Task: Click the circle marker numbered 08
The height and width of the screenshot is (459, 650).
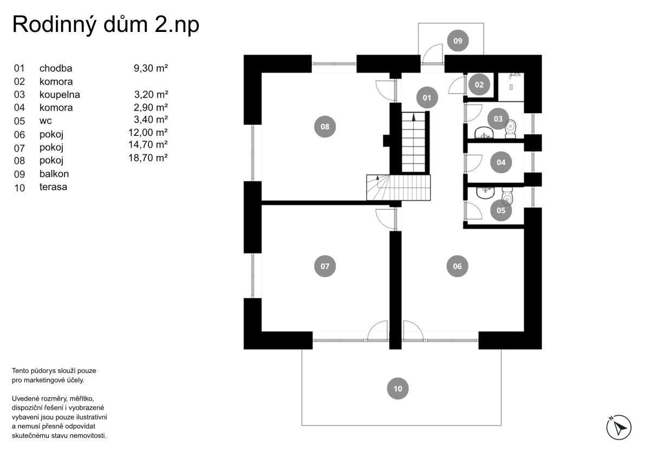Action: point(325,127)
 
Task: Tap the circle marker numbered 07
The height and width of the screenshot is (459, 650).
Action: point(325,266)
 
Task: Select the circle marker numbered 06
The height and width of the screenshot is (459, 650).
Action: point(457,266)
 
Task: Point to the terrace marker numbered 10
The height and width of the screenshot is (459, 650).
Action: point(398,389)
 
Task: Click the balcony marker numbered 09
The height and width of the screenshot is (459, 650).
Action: point(458,41)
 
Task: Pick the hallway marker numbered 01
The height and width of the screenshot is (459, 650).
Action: point(427,98)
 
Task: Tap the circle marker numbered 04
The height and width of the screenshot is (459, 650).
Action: point(501,162)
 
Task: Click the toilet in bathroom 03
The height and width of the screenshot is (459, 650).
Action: point(511,129)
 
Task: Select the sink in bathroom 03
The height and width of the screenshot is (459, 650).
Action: point(484,133)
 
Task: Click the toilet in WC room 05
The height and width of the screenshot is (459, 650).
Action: point(508,196)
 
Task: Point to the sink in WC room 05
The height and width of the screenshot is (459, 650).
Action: point(485,193)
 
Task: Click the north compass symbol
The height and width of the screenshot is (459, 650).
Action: point(619,428)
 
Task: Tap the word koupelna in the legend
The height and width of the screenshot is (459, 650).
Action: point(60,95)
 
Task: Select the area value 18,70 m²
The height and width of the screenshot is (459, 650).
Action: point(148,158)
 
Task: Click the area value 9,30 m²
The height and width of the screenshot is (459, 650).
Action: point(151,68)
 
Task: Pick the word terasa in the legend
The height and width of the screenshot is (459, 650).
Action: point(54,187)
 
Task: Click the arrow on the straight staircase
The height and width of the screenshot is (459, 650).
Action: point(414,117)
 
